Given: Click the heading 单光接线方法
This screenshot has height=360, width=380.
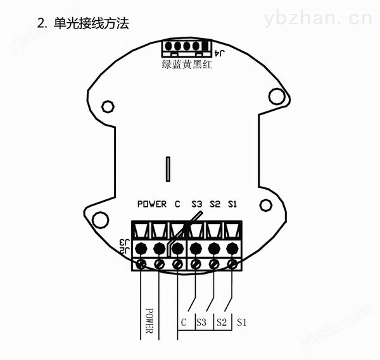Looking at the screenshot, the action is point(91,23).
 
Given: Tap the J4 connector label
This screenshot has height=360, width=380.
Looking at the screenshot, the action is point(220,53).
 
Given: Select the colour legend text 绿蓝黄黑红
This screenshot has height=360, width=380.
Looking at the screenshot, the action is point(187,65).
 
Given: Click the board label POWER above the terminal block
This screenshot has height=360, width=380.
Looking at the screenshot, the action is point(152,204).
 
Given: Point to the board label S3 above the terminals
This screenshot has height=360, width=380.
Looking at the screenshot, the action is point(196,204).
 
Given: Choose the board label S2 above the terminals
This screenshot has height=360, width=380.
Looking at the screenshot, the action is point(215,204).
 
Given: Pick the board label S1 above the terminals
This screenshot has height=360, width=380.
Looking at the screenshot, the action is point(232,204).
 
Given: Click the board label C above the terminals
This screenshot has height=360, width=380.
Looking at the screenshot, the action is point(177,204).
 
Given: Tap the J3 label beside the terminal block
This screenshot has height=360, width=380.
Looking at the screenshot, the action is point(125,242).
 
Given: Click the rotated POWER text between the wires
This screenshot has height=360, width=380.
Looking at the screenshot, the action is point(149,321).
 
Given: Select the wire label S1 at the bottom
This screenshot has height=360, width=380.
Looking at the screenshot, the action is point(242,322).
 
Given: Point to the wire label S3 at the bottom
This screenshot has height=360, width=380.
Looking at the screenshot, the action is point(201,322).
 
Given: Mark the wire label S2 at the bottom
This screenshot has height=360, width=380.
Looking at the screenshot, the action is point(222,322).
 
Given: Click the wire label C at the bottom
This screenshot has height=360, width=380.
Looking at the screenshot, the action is point(184,322).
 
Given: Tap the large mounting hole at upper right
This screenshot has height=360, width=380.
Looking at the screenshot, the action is point(277,96).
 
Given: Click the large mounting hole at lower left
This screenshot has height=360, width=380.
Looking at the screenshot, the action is point(100,220).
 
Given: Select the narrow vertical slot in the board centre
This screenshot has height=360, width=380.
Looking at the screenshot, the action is point(168,169).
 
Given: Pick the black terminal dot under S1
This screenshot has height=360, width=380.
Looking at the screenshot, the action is point(232,249).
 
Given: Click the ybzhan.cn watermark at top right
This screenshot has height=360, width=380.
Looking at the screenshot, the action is point(318,18).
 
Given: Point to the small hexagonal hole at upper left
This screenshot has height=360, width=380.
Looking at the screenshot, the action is point(108,106).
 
